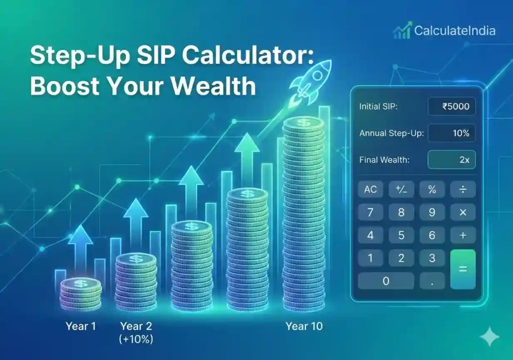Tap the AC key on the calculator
pyautogui.click(x=370, y=190)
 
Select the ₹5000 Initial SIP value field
pyautogui.click(x=451, y=106)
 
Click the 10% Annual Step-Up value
pyautogui.click(x=451, y=133)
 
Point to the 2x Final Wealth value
pyautogui.click(x=451, y=160)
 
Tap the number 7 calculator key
pyautogui.click(x=370, y=213)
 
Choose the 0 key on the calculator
pyautogui.click(x=386, y=281)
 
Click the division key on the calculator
pyautogui.click(x=463, y=190)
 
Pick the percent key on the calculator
pyautogui.click(x=432, y=190)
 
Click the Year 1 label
pyautogui.click(x=81, y=326)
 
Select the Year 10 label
pyautogui.click(x=304, y=326)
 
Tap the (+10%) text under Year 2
pyautogui.click(x=136, y=339)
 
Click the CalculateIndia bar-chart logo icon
pyautogui.click(x=402, y=31)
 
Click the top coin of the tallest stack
pyautogui.click(x=303, y=123)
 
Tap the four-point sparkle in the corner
pyautogui.click(x=489, y=337)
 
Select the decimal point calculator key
pyautogui.click(x=432, y=281)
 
